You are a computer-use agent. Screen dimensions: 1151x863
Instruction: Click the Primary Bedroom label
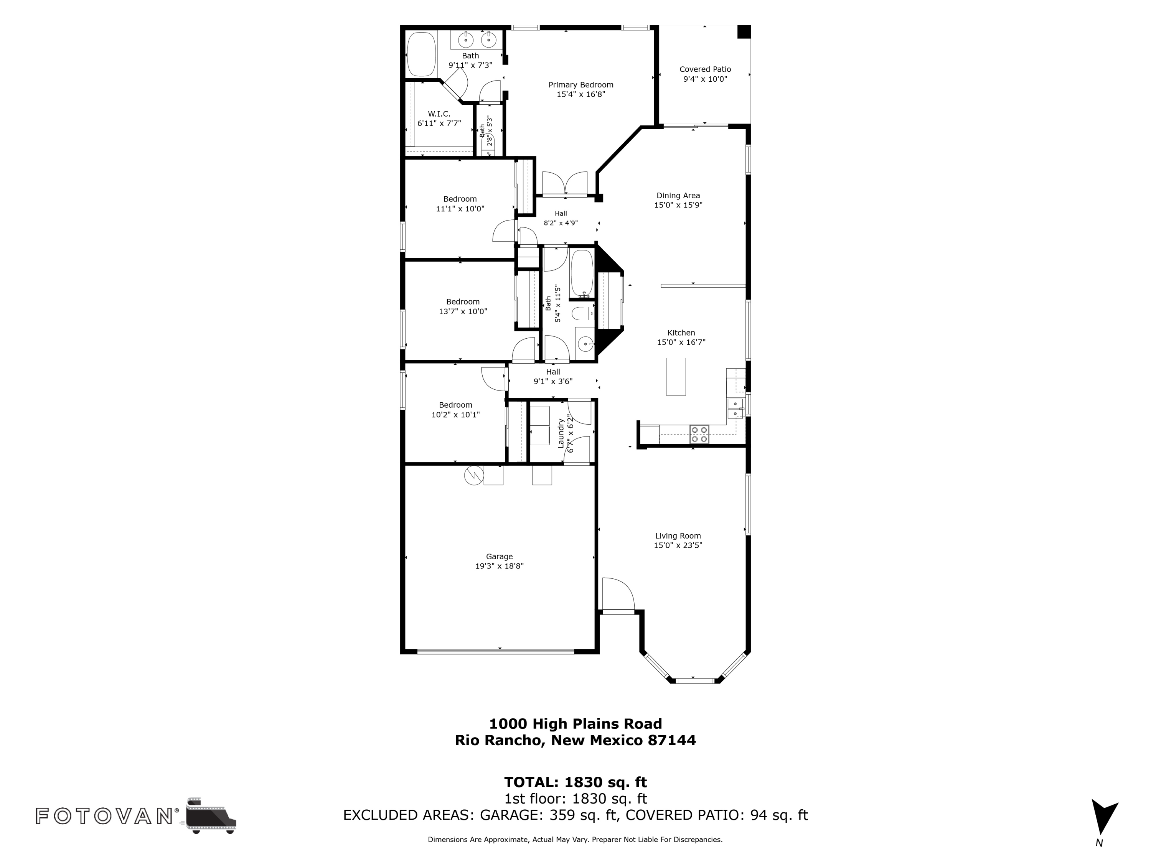tap(581, 85)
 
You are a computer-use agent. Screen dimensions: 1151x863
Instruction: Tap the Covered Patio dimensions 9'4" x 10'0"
tap(705, 79)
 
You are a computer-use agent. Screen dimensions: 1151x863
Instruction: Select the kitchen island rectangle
tap(675, 377)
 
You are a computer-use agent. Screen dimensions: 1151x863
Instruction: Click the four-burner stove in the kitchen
tap(699, 434)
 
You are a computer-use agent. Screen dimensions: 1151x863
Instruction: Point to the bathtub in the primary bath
tap(421, 54)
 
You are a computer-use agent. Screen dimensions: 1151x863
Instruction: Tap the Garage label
tap(499, 557)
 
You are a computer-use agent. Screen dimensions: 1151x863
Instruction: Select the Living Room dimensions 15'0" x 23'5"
tap(678, 545)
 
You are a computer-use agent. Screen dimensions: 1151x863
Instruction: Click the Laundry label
tap(561, 433)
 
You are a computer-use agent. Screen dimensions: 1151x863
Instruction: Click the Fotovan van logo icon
tap(211, 815)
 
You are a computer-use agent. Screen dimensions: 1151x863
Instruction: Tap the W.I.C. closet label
tap(439, 114)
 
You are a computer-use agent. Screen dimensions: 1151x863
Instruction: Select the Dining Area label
tap(678, 196)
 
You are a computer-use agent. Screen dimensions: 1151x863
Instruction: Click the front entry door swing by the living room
tap(618, 594)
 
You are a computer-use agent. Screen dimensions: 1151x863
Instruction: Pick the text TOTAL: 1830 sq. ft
tap(575, 782)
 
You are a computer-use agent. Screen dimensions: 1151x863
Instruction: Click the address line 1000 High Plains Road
tap(575, 724)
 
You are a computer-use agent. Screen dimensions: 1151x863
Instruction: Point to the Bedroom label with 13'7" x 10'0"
tap(463, 302)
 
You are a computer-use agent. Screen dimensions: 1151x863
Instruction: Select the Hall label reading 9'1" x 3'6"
tap(553, 372)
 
